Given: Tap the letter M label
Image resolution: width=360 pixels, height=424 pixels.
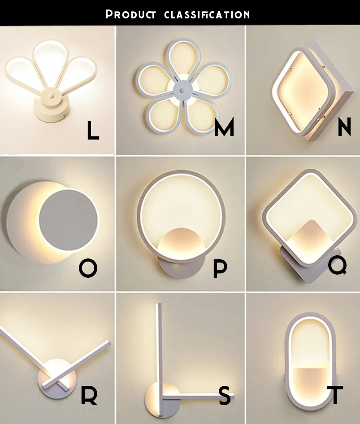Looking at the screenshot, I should pos(224,127).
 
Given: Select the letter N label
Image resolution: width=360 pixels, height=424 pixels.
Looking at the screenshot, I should pos(344,127).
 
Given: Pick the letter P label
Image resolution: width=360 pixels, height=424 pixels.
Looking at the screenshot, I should pos(220,268).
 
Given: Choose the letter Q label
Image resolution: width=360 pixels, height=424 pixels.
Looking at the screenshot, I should pos(337,265).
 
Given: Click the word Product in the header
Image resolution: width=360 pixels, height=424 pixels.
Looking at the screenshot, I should pos(130,14).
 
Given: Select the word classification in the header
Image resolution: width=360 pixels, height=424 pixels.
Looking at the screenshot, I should pos(207,14).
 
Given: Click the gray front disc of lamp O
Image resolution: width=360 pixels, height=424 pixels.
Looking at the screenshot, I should pos(68,220).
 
